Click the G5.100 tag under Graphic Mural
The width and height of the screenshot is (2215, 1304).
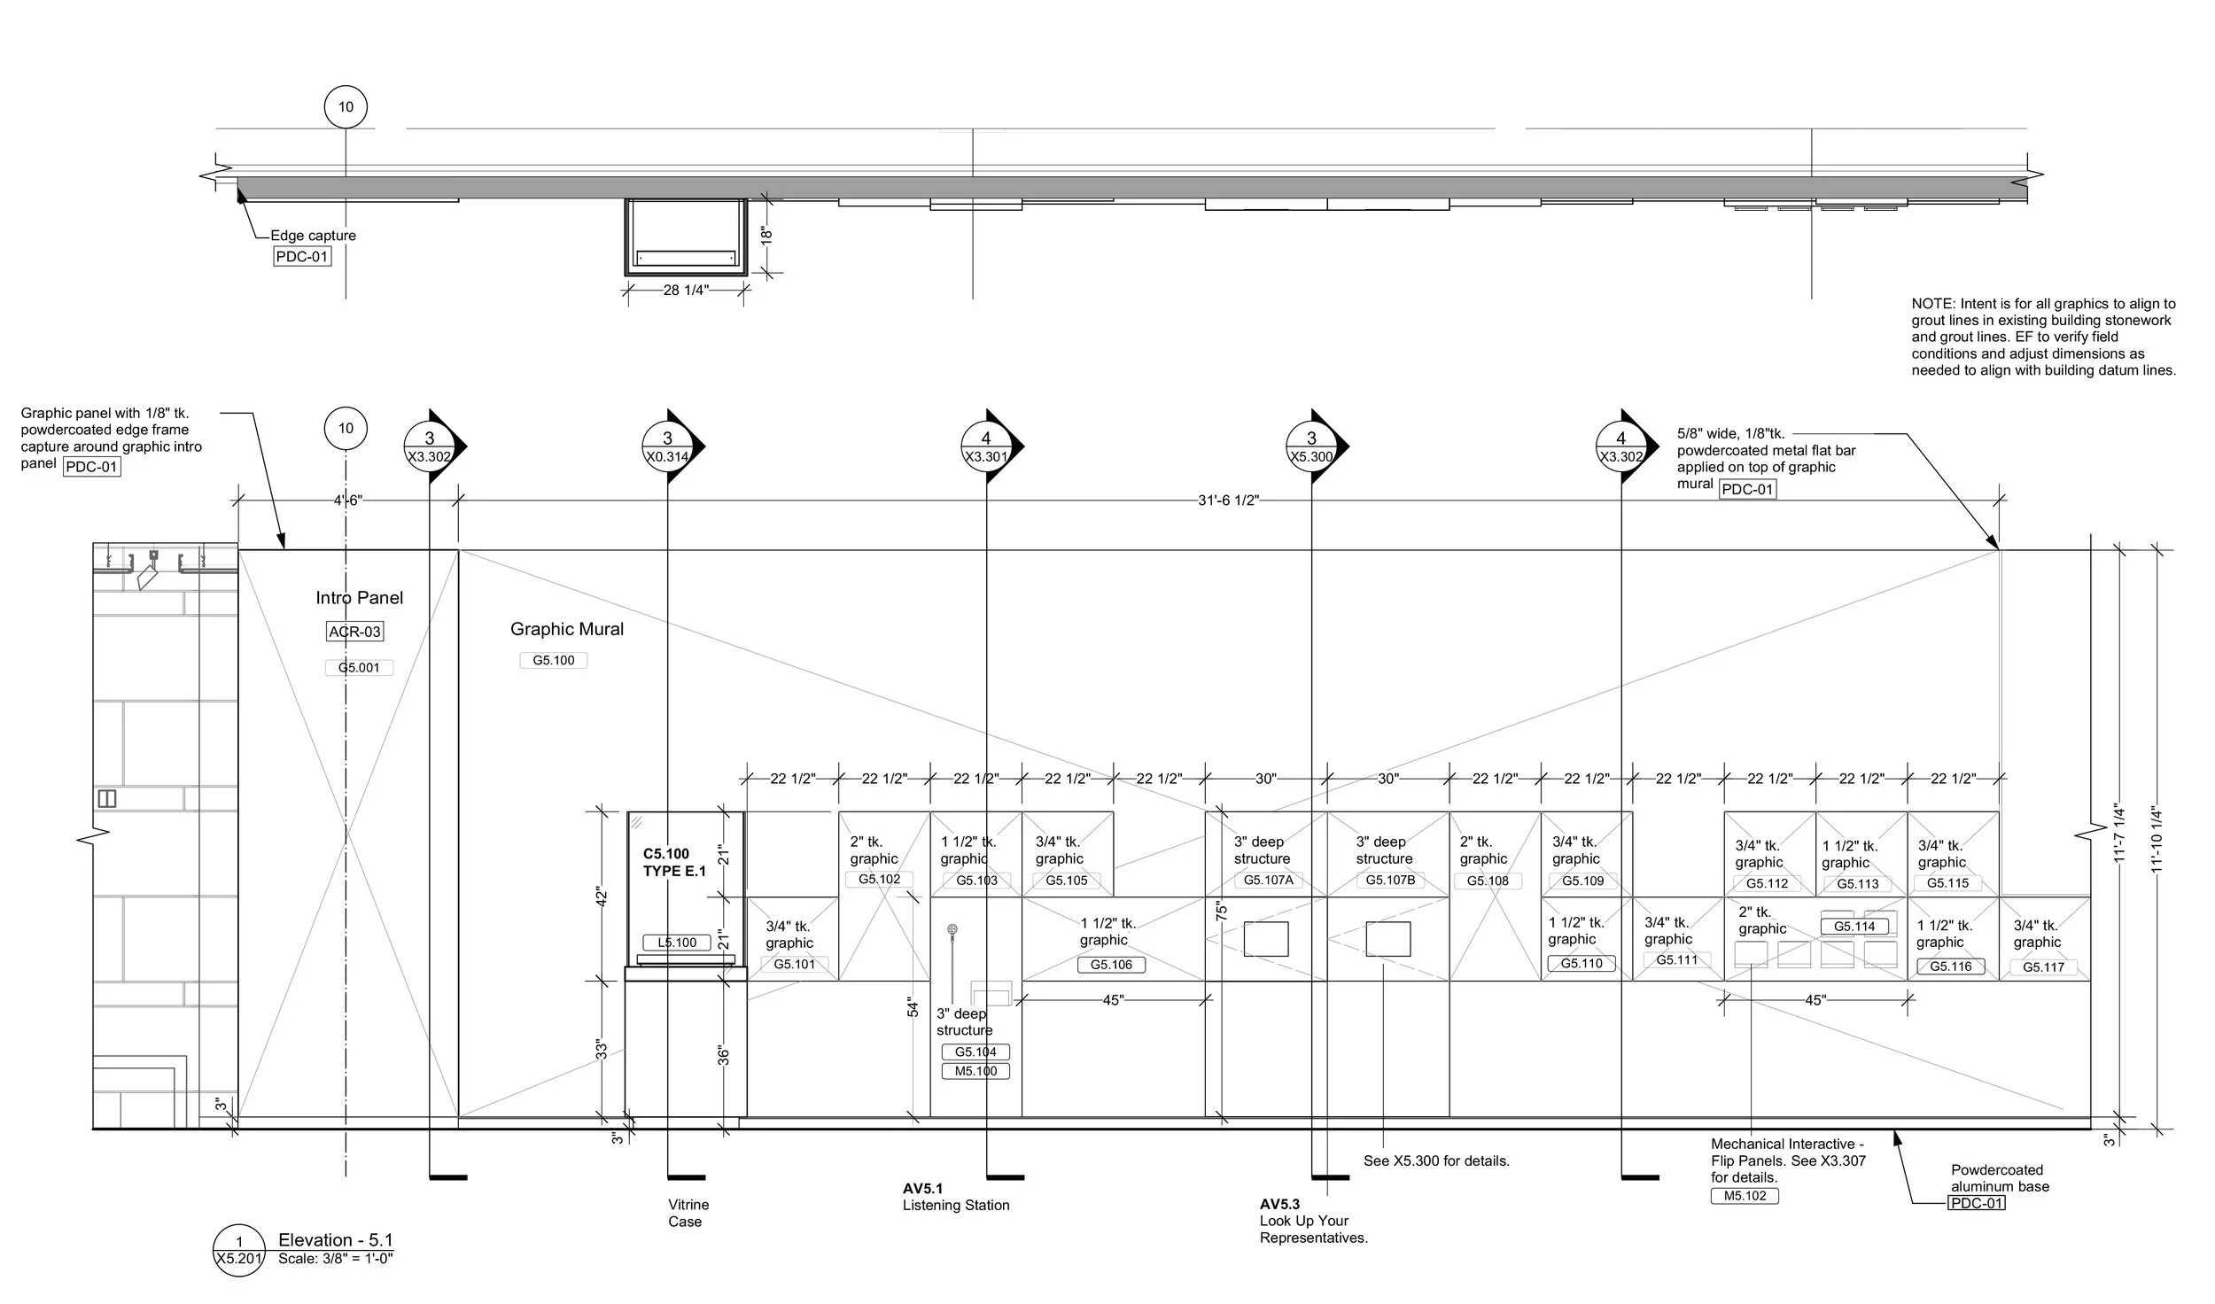click(x=553, y=660)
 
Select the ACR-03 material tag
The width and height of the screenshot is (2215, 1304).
click(x=354, y=632)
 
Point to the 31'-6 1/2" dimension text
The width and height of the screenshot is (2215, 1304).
click(x=1228, y=501)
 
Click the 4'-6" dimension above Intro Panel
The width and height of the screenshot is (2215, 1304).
click(x=348, y=501)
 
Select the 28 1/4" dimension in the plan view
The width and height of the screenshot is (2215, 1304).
click(x=686, y=290)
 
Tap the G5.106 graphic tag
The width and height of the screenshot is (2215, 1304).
click(x=1111, y=965)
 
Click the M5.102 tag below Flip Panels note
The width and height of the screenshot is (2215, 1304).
click(x=1744, y=1196)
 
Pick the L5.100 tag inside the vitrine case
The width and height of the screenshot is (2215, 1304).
click(x=677, y=943)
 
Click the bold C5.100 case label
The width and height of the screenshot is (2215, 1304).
click(x=666, y=854)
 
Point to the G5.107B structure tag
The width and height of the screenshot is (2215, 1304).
click(x=1390, y=880)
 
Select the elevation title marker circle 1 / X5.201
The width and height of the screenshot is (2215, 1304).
click(x=238, y=1250)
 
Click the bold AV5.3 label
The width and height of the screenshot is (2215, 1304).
click(x=1279, y=1204)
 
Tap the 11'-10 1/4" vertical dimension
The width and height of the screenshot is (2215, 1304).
click(x=2157, y=839)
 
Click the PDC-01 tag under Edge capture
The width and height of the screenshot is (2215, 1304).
click(x=302, y=257)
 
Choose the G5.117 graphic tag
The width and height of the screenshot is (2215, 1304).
click(x=2043, y=967)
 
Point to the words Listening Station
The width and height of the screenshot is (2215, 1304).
click(x=956, y=1205)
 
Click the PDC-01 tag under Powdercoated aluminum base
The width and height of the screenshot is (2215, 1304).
click(x=1976, y=1203)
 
